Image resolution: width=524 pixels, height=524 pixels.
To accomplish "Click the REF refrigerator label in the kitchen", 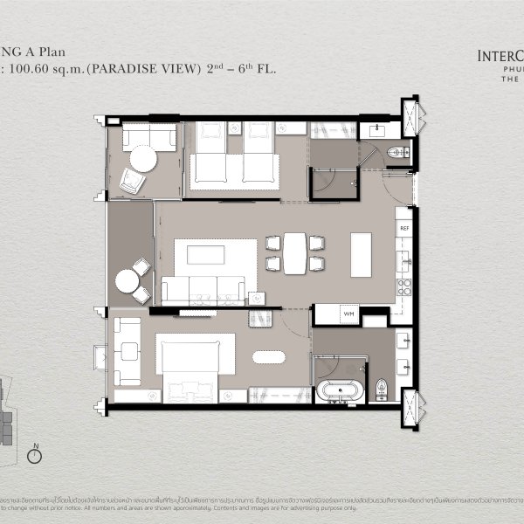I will [404, 228].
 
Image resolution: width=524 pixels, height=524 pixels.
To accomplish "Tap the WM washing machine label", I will [348, 313].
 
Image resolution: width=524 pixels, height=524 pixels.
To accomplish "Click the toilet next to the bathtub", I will [379, 388].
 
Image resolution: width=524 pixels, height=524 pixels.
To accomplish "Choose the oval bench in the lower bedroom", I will [268, 356].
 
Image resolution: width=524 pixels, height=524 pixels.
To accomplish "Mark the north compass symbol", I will [36, 455].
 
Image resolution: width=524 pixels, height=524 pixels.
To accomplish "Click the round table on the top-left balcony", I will [143, 160].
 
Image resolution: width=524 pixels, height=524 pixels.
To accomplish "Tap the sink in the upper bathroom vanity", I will [376, 130].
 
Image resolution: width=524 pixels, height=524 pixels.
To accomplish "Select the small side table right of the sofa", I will [256, 299].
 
